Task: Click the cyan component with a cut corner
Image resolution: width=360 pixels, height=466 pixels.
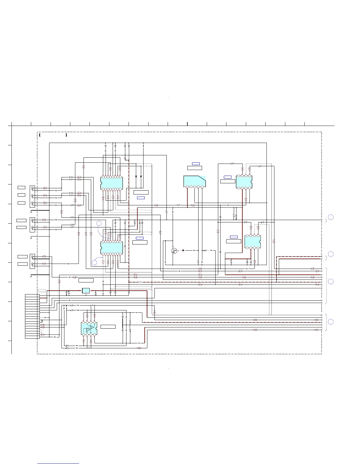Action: (x=194, y=181)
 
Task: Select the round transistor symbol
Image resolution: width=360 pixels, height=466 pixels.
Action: (x=174, y=251)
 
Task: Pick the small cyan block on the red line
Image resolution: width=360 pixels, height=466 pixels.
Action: (x=86, y=291)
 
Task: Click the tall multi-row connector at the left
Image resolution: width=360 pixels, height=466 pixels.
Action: (x=32, y=316)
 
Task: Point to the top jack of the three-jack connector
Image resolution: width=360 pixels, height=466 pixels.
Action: (x=32, y=188)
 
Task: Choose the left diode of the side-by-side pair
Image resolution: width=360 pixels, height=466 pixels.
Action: (x=136, y=177)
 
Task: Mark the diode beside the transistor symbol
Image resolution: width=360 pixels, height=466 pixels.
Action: (x=183, y=250)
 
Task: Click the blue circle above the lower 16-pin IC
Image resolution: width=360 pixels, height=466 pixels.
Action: (x=99, y=223)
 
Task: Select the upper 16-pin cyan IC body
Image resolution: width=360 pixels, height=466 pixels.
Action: (x=111, y=183)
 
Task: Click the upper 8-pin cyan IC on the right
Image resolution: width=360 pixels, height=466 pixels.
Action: (x=244, y=182)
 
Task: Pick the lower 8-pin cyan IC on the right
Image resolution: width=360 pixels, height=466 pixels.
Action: (x=253, y=241)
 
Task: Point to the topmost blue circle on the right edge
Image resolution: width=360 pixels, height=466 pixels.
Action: (x=331, y=217)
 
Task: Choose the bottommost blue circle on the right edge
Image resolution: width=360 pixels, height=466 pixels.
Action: (x=331, y=322)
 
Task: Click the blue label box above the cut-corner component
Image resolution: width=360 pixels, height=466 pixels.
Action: (x=196, y=164)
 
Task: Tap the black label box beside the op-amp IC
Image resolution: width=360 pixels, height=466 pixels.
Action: (x=108, y=327)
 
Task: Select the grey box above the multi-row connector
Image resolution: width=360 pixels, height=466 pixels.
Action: (x=42, y=290)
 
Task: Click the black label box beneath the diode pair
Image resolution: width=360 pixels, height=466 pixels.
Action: (x=141, y=192)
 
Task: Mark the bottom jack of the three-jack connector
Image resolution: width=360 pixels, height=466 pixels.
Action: (x=32, y=203)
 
